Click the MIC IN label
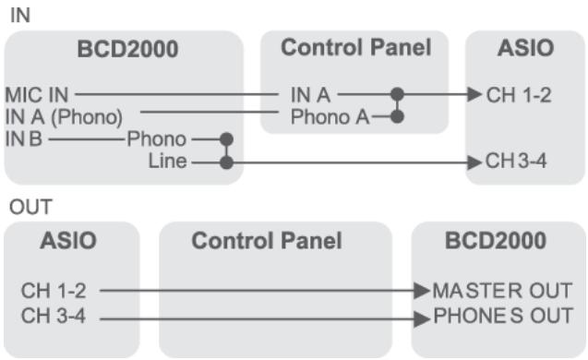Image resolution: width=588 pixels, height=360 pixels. [38, 94]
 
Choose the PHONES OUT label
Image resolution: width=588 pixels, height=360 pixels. [501, 315]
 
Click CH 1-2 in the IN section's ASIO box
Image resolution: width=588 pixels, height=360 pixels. [519, 94]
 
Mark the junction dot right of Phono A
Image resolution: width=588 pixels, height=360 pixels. [397, 117]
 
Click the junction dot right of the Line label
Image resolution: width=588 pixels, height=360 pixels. [225, 162]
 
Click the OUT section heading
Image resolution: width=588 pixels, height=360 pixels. [27, 210]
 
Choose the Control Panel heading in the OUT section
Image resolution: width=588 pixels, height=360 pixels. [267, 242]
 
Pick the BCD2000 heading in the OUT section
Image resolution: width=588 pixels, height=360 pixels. [495, 242]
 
